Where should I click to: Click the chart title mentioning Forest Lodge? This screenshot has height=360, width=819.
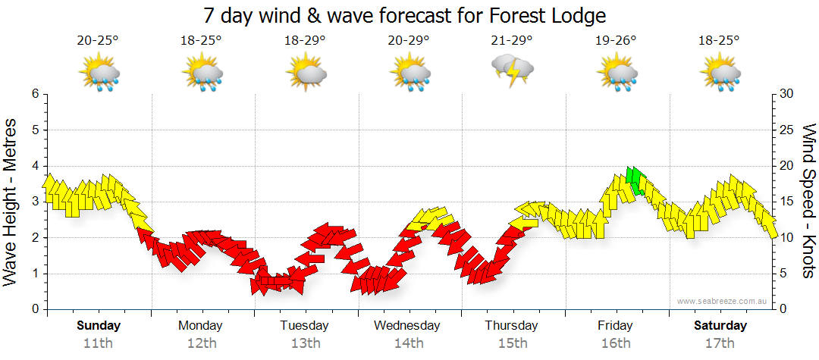click(x=405, y=15)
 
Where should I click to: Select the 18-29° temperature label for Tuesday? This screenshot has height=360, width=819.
click(x=304, y=41)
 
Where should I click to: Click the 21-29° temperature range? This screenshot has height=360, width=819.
click(x=512, y=41)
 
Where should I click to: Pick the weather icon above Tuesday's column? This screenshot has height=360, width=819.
click(x=306, y=74)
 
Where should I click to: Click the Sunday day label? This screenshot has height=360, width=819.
click(x=99, y=326)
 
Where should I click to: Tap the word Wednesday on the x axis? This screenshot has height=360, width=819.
click(x=407, y=326)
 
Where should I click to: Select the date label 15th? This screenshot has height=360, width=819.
click(x=513, y=343)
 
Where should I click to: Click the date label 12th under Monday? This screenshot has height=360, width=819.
click(x=200, y=343)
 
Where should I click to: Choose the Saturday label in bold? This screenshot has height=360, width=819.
click(x=720, y=326)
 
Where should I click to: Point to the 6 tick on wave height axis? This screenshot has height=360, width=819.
click(x=35, y=94)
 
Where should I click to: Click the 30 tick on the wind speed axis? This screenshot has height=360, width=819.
click(x=787, y=94)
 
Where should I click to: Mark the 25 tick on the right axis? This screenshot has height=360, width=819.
click(x=787, y=130)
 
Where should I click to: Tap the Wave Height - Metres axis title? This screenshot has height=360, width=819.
click(x=11, y=202)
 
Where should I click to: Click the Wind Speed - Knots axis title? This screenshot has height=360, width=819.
click(x=808, y=201)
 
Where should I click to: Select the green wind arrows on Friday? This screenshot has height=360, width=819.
click(x=635, y=180)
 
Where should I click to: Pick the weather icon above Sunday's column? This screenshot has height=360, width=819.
click(x=99, y=74)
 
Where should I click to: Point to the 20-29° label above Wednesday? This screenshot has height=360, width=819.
click(x=408, y=41)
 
